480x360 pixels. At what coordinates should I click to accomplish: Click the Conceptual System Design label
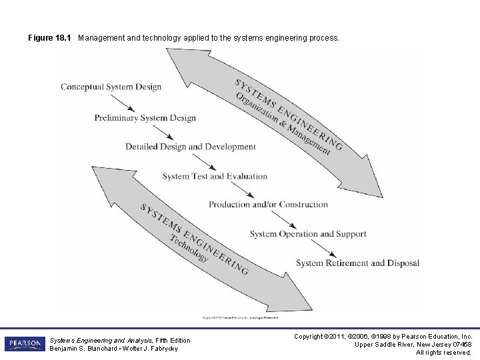coord(111,87)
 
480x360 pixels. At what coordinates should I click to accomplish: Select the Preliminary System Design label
coord(145,118)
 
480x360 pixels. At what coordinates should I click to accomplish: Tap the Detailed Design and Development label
coord(190,147)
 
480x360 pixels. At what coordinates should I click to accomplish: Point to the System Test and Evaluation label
coord(215,176)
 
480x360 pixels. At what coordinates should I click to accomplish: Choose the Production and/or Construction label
coord(268,205)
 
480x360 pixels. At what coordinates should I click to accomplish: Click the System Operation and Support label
coord(308,234)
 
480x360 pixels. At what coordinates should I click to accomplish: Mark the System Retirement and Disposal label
coord(357,263)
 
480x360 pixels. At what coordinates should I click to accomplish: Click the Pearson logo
coord(25,344)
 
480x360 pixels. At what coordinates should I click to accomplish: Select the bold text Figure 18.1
coord(49,38)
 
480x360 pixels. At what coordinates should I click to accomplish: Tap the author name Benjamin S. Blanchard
coord(84,349)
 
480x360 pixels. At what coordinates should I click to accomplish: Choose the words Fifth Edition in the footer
coord(173,341)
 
